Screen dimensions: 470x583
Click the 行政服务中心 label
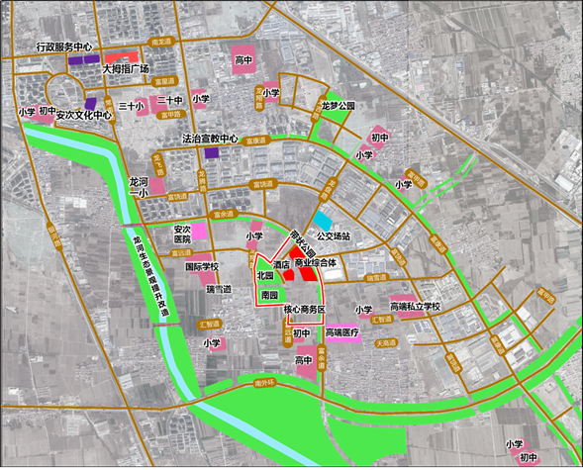pyautogui.click(x=63, y=47)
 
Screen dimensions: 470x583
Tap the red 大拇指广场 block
pyautogui.click(x=122, y=56)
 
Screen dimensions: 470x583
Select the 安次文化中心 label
pyautogui.click(x=85, y=114)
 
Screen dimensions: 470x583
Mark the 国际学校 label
pyautogui.click(x=202, y=267)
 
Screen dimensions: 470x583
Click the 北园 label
pyautogui.click(x=263, y=274)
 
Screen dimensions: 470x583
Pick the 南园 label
pyautogui.click(x=268, y=295)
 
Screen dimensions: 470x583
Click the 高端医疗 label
pyautogui.click(x=343, y=333)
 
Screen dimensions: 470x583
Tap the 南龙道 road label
pyautogui.click(x=161, y=42)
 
